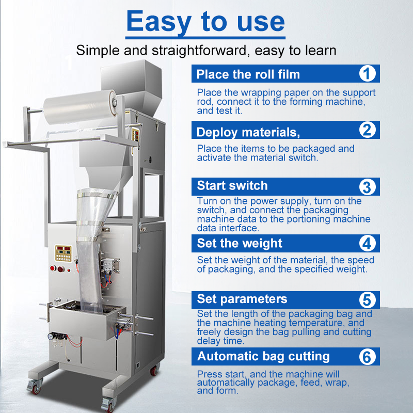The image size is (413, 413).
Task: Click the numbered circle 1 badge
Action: point(367,74)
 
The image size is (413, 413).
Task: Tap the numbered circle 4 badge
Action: point(367,243)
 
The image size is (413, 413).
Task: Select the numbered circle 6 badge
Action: point(367,356)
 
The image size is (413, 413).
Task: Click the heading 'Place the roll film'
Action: point(248,74)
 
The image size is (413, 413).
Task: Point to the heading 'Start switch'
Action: point(232,186)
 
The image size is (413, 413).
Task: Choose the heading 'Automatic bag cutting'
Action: point(263,356)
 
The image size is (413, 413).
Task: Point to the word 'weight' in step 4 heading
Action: point(262,243)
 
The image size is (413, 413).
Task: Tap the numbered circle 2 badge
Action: point(367,130)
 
